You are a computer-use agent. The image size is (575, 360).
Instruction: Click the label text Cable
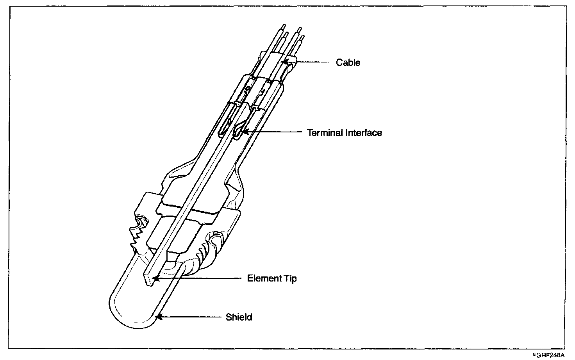(348, 62)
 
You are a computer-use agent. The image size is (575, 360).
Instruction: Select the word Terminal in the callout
(325, 133)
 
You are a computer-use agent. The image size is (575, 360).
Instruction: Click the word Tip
(289, 278)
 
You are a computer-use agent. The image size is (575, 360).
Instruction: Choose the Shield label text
(239, 317)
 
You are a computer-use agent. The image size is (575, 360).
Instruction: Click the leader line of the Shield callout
(191, 317)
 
